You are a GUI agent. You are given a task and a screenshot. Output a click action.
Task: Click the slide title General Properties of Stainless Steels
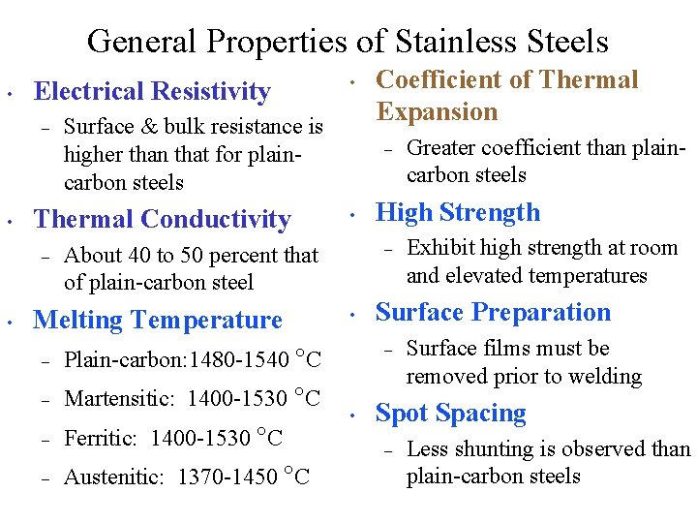(x=348, y=42)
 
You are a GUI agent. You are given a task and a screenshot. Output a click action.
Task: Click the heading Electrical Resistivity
(x=152, y=91)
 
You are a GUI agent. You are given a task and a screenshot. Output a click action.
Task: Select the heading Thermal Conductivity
(x=162, y=220)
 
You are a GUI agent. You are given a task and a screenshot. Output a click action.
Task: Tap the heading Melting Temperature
(x=158, y=320)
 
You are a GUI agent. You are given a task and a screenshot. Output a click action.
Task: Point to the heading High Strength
(x=458, y=212)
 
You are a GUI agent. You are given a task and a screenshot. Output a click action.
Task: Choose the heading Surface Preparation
(x=493, y=312)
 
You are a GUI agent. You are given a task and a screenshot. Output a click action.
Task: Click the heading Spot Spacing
(x=450, y=414)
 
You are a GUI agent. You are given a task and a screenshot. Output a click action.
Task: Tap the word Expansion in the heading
(x=437, y=111)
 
